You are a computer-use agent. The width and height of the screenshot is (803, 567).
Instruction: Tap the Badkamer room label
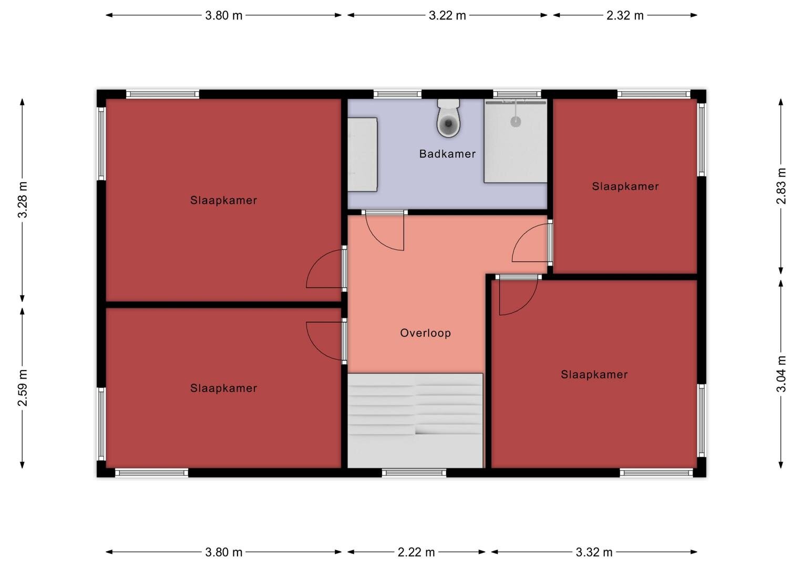(x=447, y=154)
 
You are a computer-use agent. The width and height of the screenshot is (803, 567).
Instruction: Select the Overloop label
(x=426, y=333)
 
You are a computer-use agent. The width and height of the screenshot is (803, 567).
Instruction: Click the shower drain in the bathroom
(x=516, y=122)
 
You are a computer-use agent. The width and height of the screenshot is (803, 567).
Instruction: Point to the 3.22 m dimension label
(x=447, y=15)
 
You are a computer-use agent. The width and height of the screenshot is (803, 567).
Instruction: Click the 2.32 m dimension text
(x=625, y=15)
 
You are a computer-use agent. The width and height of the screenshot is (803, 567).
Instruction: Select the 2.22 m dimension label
(x=416, y=552)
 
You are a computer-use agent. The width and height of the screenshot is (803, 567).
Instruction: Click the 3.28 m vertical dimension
(x=22, y=200)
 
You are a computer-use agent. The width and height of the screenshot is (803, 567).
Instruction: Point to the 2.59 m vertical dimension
(x=22, y=388)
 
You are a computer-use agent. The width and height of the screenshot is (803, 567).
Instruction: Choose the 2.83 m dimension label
(x=781, y=186)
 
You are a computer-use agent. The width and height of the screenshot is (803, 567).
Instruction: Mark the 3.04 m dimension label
(x=781, y=374)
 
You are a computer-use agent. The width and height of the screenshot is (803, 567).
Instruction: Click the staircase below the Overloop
(x=415, y=421)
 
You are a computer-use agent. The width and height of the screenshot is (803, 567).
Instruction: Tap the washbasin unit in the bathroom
(x=362, y=154)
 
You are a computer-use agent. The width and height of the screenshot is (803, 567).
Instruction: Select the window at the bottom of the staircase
(x=414, y=473)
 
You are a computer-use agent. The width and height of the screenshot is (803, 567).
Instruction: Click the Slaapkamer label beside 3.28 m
(x=223, y=200)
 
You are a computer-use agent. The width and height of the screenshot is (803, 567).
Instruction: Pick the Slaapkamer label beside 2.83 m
(x=625, y=186)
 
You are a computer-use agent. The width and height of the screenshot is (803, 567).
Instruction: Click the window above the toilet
(x=397, y=94)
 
